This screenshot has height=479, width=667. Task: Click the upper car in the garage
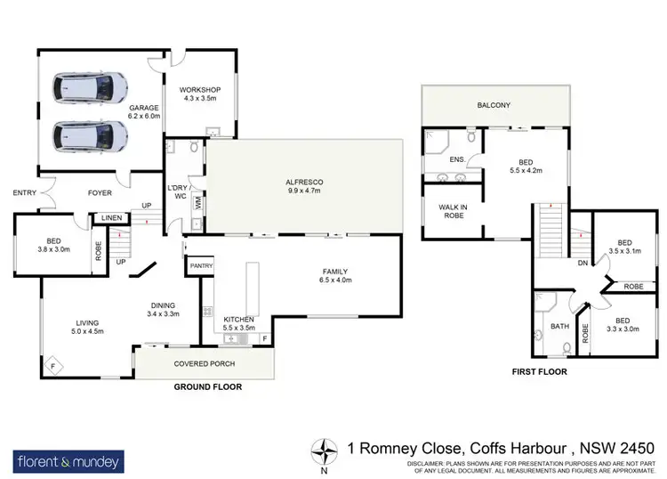point(89,87)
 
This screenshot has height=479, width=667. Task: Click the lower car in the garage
point(89,137)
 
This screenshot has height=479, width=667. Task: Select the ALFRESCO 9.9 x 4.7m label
point(304,186)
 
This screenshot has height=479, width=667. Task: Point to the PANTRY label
point(199,265)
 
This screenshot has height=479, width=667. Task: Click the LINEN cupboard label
point(111,217)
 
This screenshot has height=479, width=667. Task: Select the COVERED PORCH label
point(203,364)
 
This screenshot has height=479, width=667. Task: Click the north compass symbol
point(329,451)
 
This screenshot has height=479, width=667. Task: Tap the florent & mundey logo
point(68,461)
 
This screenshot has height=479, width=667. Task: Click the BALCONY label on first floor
point(494,106)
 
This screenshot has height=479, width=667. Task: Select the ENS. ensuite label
point(458,159)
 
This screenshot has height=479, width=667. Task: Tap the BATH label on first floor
point(559,327)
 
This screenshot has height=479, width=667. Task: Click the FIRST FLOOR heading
point(538,371)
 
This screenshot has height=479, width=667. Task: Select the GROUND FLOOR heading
point(207,387)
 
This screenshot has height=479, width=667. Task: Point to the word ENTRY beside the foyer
point(24,192)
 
